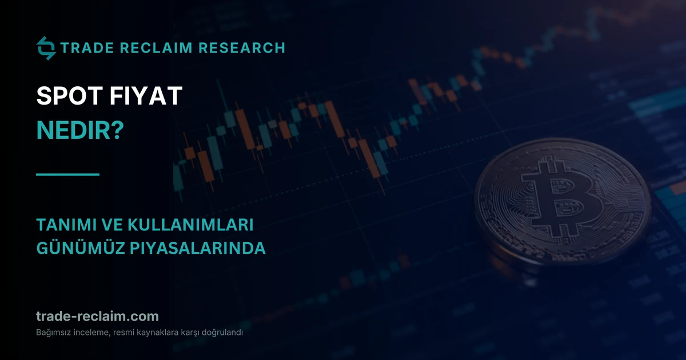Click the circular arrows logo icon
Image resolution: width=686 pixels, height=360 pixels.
coord(46,48)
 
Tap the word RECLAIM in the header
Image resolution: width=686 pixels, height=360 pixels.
coord(156,48)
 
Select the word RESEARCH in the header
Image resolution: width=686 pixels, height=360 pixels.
coord(242,48)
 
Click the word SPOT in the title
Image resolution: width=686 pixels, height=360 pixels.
coord(70,96)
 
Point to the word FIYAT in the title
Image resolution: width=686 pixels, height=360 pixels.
coord(146,96)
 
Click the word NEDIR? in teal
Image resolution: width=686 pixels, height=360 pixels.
coord(80,130)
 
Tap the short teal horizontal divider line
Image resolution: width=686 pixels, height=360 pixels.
coord(67,174)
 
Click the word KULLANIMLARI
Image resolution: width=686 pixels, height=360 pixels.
coord(190,225)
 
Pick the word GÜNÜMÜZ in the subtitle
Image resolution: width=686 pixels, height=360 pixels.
coord(81,247)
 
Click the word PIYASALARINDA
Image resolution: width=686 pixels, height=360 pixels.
coord(198,248)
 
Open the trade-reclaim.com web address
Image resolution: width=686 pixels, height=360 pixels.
coord(97,316)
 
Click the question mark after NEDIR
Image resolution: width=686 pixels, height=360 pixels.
coord(118,130)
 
